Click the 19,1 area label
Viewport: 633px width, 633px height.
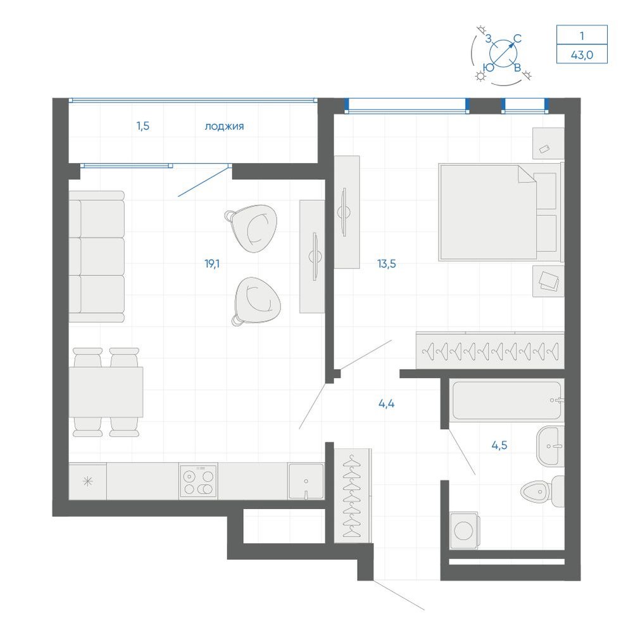coord(212,264)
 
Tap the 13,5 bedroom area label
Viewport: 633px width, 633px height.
coord(386,264)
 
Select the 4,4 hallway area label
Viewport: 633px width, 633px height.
coord(386,403)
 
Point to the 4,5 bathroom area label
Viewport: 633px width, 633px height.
coord(499,445)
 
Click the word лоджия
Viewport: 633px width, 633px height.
coord(224,127)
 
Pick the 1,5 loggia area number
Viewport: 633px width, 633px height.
coord(143,126)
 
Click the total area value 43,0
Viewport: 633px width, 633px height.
coord(582,54)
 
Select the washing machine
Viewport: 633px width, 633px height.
coord(464,530)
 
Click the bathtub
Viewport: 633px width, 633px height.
coord(507,400)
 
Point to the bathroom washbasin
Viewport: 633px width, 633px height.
coord(550,446)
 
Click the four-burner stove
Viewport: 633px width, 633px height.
coord(198,481)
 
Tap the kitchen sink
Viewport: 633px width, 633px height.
coord(306,481)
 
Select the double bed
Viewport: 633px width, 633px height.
coord(501,212)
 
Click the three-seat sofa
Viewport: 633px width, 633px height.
coord(96,257)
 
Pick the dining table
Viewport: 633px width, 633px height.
coord(106,392)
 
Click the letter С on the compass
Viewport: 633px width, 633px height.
coord(517,39)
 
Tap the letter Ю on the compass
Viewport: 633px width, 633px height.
coord(489,68)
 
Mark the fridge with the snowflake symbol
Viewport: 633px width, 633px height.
coord(87,481)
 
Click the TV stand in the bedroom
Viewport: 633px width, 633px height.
coord(347,212)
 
